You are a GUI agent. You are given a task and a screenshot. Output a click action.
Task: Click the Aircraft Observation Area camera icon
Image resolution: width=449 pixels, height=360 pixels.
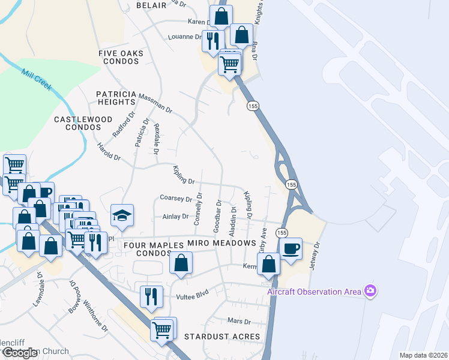370,292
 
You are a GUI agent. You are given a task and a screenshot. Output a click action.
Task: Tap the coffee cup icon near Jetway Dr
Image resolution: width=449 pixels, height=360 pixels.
291,248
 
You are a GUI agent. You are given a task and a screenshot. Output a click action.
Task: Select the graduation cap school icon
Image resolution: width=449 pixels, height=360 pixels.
122,215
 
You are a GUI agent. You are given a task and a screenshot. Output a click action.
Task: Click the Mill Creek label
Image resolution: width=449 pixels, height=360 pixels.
34,76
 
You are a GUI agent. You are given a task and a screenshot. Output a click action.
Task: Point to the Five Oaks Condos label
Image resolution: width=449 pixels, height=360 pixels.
121,57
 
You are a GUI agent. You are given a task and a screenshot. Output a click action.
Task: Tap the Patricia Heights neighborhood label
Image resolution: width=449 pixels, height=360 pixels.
117,98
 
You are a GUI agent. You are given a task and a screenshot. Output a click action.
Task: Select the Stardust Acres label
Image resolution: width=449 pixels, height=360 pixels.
223,337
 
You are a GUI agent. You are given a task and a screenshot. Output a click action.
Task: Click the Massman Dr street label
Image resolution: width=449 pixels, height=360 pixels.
155,103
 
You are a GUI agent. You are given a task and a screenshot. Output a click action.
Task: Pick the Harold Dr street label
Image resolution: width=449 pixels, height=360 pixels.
109,152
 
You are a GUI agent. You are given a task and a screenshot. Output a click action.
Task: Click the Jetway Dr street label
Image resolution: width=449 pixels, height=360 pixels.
318,254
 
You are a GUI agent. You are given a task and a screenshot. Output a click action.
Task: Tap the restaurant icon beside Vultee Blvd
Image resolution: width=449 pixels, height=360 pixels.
151,296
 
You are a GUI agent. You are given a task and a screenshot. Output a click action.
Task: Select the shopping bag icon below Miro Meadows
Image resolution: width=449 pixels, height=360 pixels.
181,262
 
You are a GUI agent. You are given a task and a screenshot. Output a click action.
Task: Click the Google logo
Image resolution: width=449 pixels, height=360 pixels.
20,353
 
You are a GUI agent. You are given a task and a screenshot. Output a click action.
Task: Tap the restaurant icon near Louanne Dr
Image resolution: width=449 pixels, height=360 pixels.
212,40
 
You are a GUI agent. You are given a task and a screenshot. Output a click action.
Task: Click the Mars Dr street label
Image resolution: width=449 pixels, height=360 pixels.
238,322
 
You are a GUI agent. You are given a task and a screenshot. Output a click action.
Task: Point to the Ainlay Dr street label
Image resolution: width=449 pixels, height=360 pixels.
175,217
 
